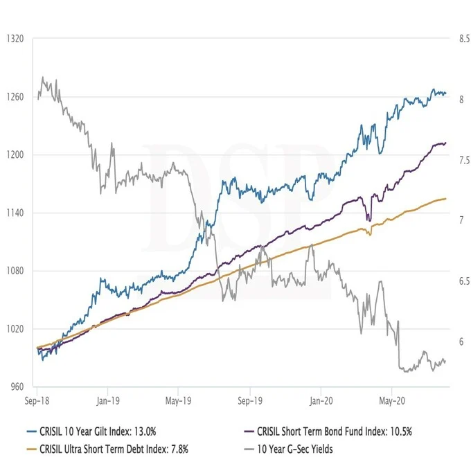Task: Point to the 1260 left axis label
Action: (15, 97)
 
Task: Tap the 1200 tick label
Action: (15, 155)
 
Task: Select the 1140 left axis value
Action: (15, 213)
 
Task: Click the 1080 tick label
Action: (15, 271)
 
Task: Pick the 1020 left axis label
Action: (15, 329)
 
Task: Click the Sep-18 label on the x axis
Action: (36, 400)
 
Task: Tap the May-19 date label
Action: (178, 400)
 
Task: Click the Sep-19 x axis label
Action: (250, 400)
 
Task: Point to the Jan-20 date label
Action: (321, 400)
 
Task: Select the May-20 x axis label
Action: (392, 400)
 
